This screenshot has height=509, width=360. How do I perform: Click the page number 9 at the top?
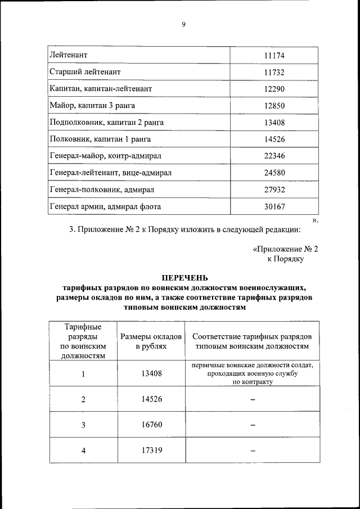tap(183, 24)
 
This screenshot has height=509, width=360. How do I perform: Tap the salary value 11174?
tap(274, 56)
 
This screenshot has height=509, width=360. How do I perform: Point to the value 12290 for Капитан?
tap(274, 89)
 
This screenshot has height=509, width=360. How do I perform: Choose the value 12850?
tap(274, 106)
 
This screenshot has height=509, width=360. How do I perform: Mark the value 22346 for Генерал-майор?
tap(274, 156)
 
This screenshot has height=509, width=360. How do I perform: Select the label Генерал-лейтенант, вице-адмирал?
tap(111, 173)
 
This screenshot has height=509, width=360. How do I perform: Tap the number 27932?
tap(274, 190)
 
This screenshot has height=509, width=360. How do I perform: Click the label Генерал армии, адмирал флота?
tap(105, 206)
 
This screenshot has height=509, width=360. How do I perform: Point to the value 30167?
tap(274, 206)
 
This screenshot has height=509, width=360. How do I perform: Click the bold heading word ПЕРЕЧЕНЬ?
tap(185, 277)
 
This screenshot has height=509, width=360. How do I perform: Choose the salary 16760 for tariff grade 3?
tap(151, 425)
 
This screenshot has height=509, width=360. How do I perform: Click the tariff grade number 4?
tap(83, 450)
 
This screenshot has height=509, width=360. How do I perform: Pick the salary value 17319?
tap(151, 450)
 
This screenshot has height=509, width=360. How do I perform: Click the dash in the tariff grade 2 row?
tap(253, 400)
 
